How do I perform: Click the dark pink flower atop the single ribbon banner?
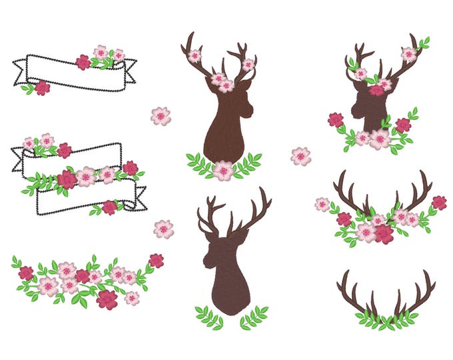pyautogui.click(x=83, y=62)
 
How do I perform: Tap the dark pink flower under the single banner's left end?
pyautogui.click(x=42, y=88)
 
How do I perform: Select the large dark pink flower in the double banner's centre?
pyautogui.click(x=67, y=179)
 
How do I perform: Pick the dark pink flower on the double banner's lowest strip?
pyautogui.click(x=109, y=207)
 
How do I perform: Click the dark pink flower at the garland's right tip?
pyautogui.click(x=156, y=260)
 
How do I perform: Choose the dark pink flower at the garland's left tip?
pyautogui.click(x=26, y=273)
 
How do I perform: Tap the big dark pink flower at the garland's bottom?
pyautogui.click(x=107, y=299)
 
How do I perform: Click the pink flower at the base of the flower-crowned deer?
pyautogui.click(x=223, y=170)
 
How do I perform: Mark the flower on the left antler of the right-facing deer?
pyautogui.click(x=194, y=56)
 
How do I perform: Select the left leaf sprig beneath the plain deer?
pyautogui.click(x=209, y=316)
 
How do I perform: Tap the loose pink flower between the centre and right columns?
pyautogui.click(x=300, y=156)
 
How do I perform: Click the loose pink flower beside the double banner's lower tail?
pyautogui.click(x=163, y=229)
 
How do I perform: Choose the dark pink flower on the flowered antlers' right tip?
pyautogui.click(x=439, y=203)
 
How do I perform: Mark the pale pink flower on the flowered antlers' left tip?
pyautogui.click(x=322, y=204)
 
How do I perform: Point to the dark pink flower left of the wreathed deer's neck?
pyautogui.click(x=336, y=120)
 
